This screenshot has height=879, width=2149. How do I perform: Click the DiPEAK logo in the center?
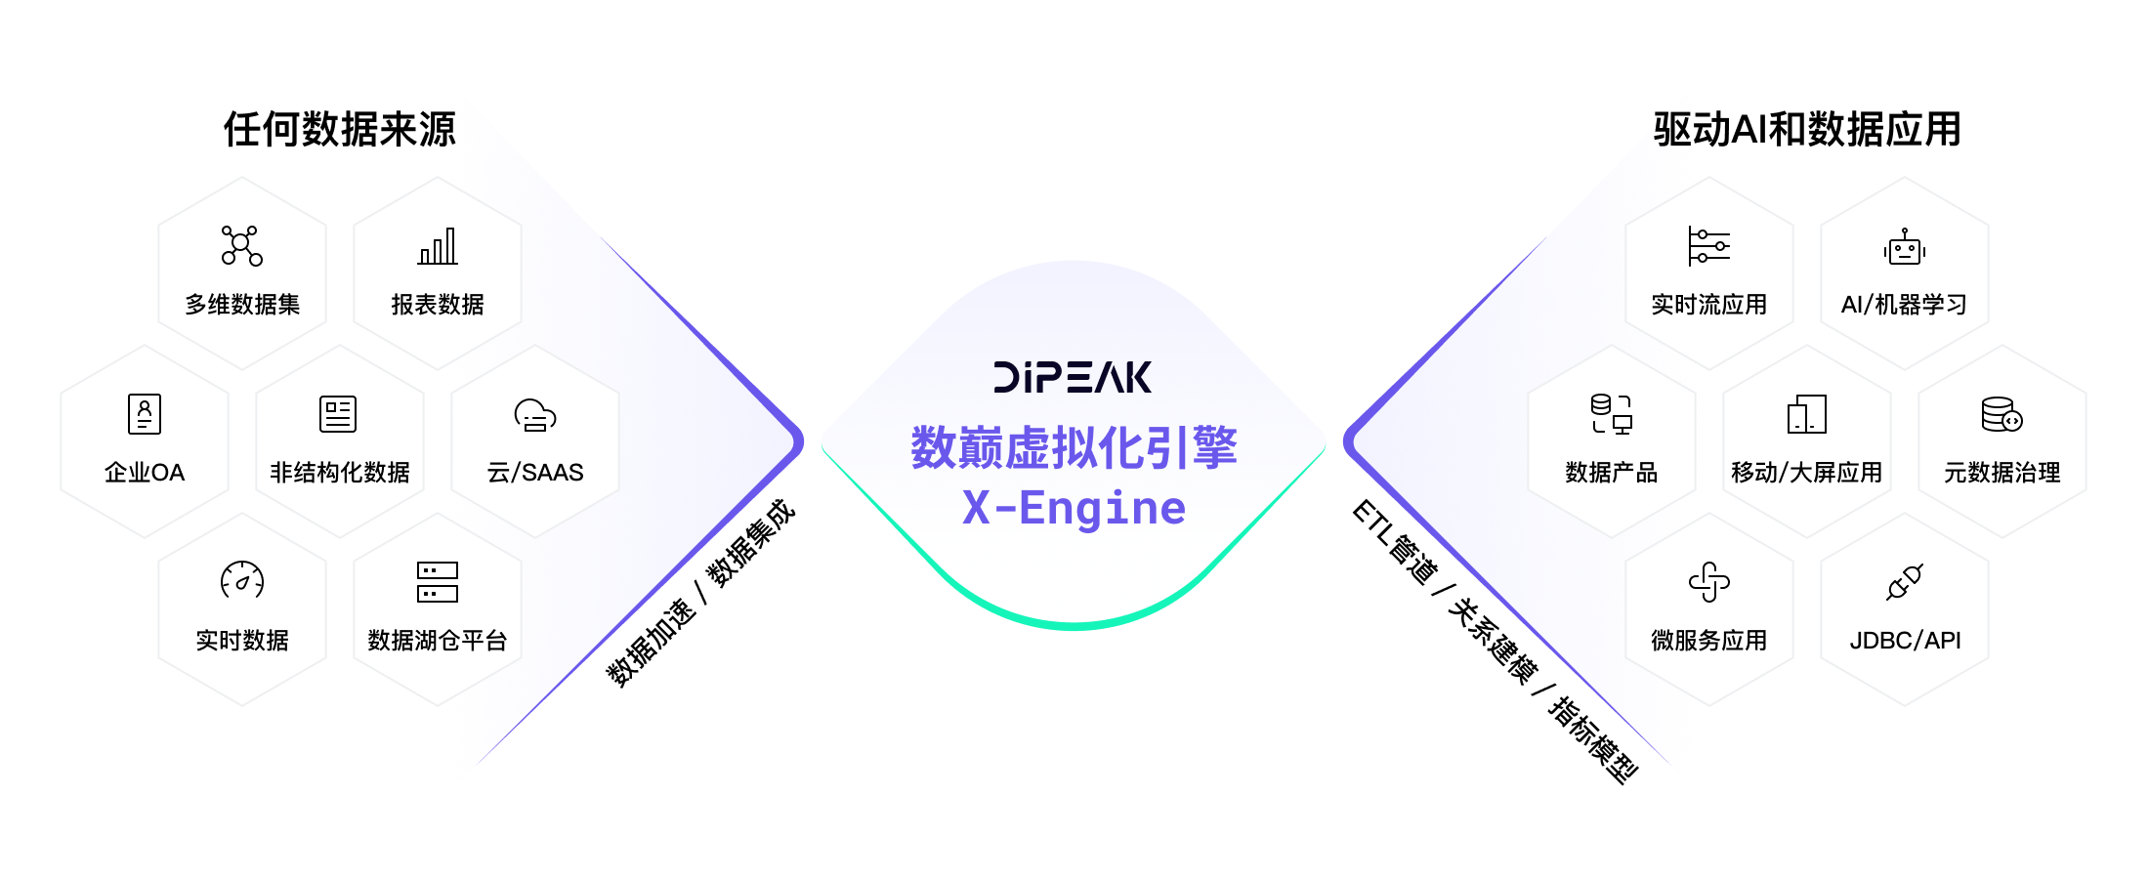pyautogui.click(x=1073, y=377)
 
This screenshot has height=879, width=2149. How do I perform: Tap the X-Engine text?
pyautogui.click(x=1074, y=508)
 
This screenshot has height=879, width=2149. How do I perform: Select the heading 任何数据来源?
pyautogui.click(x=340, y=130)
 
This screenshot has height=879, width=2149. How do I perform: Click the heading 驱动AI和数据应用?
pyautogui.click(x=1807, y=130)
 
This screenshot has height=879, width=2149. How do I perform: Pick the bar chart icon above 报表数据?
pyautogui.click(x=438, y=246)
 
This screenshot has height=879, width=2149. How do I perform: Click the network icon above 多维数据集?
pyautogui.click(x=241, y=246)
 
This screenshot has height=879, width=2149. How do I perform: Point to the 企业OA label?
pyautogui.click(x=145, y=473)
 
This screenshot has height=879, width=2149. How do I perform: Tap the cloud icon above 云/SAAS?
pyautogui.click(x=535, y=415)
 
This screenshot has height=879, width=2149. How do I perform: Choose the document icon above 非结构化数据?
pyautogui.click(x=338, y=414)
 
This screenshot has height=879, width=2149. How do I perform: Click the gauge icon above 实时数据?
pyautogui.click(x=242, y=581)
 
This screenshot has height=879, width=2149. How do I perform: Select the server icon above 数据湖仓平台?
pyautogui.click(x=438, y=582)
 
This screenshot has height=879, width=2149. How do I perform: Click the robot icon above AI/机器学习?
pyautogui.click(x=1905, y=248)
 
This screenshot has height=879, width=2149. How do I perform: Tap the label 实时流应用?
pyautogui.click(x=1709, y=305)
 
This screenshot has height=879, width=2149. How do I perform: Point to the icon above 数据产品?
pyautogui.click(x=1612, y=414)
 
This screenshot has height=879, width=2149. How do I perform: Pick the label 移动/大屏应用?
pyautogui.click(x=1807, y=473)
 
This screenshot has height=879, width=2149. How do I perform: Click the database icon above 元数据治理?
pyautogui.click(x=2002, y=414)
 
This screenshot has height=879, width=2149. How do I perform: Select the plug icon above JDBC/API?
pyautogui.click(x=1905, y=582)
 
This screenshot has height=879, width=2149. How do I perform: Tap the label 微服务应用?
pyautogui.click(x=1709, y=641)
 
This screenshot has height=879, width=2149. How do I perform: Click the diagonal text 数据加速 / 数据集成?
pyautogui.click(x=700, y=594)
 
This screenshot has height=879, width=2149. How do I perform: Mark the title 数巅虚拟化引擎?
pyautogui.click(x=1074, y=448)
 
